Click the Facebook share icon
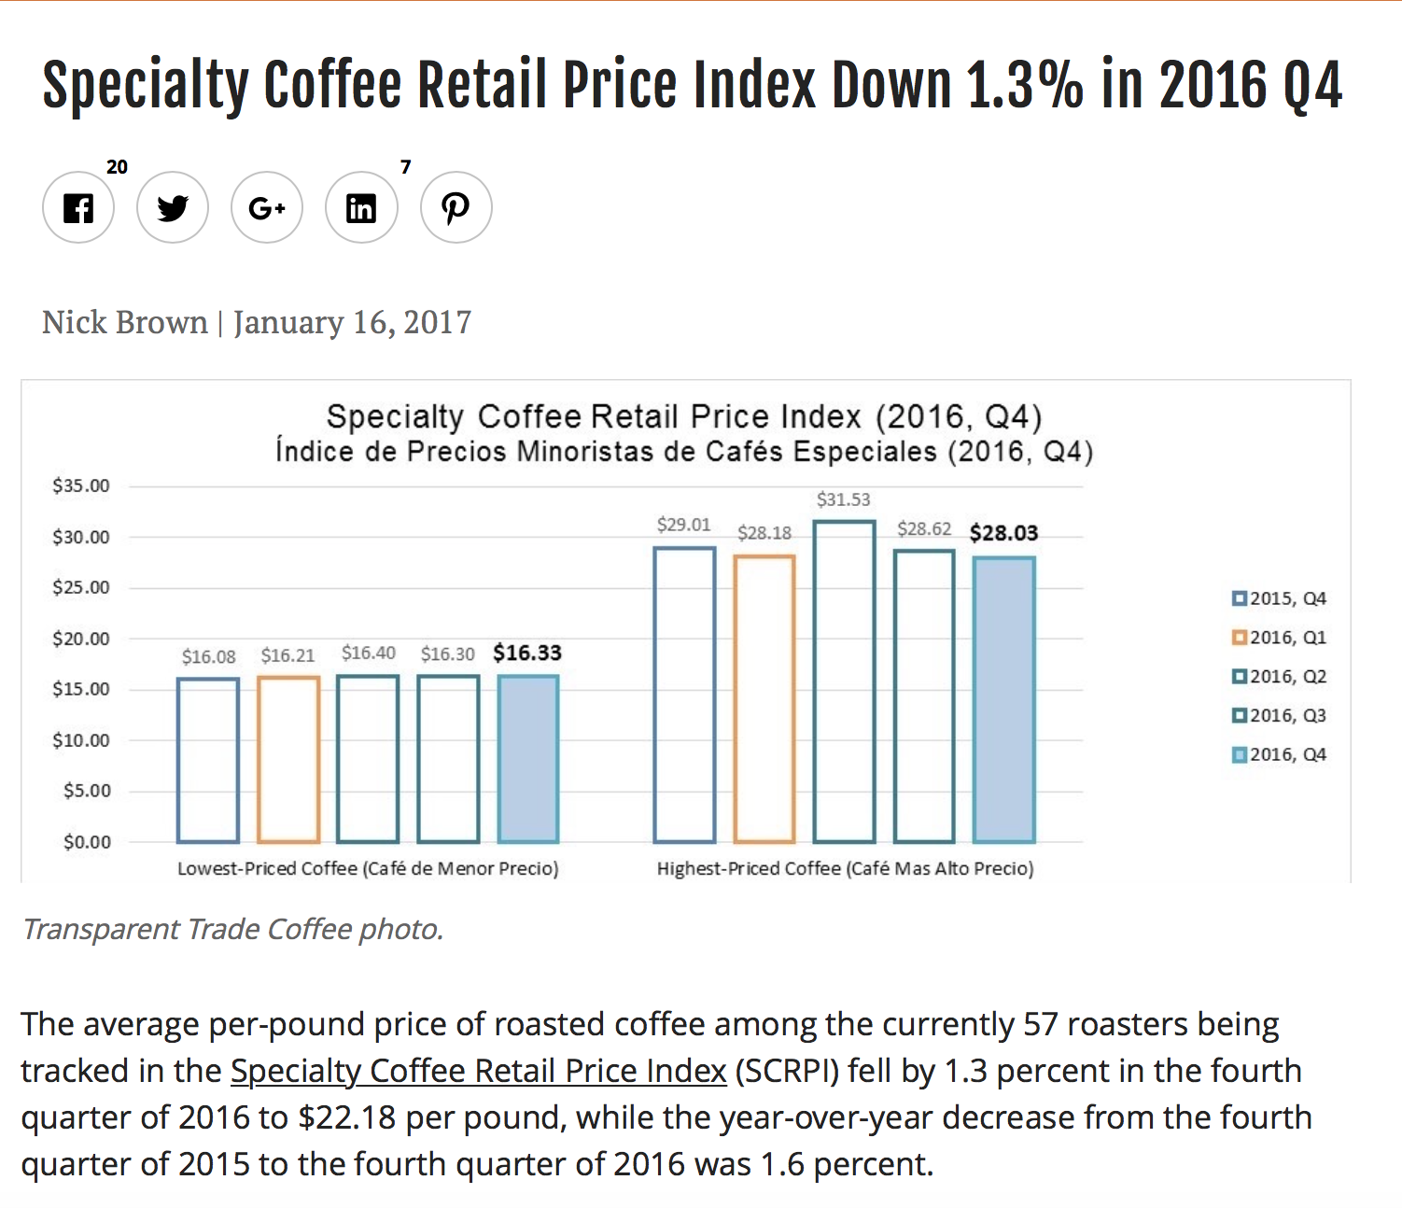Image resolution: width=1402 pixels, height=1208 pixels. point(78,207)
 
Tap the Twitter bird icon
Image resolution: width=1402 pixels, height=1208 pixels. point(173,207)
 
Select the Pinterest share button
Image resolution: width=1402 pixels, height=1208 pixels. point(456,207)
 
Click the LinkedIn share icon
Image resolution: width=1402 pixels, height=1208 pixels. point(361,207)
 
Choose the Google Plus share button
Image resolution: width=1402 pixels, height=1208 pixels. point(267,207)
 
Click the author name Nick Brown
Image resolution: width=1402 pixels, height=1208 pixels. point(125,323)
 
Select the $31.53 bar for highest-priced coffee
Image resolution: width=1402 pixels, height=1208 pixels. point(845,681)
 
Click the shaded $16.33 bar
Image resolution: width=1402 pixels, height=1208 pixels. point(528,759)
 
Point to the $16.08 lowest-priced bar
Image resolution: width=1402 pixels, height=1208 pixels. point(208,760)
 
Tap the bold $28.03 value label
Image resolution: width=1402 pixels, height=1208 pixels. point(1003,533)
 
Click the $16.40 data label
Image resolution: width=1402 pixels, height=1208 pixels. point(368,653)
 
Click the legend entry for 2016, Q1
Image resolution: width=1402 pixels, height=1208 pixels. point(1279,638)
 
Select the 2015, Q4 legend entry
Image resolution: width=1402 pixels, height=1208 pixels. point(1279,598)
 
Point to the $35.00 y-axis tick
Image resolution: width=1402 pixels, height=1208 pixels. point(81,485)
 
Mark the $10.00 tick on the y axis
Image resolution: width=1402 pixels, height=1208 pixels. point(81,740)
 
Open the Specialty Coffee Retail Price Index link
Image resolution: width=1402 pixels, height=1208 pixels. point(478,1071)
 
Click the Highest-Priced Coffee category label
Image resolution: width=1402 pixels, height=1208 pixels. point(845,869)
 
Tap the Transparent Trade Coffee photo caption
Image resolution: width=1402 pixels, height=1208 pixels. point(232,930)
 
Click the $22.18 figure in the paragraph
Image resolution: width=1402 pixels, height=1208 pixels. point(346,1117)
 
